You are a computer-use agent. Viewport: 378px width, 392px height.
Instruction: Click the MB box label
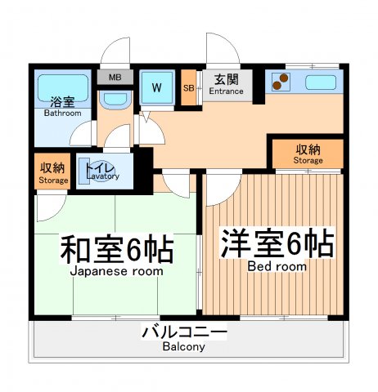[x=115, y=78]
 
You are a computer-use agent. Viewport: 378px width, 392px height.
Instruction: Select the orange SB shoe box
[x=189, y=88]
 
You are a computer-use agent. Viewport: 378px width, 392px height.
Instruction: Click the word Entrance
[x=226, y=91]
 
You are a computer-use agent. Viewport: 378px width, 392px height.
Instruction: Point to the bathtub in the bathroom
[x=62, y=86]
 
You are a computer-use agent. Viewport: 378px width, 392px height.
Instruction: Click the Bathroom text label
[x=62, y=114]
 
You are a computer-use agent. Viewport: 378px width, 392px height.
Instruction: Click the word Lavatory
[x=102, y=176]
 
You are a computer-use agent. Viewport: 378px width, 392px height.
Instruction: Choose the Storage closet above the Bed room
[x=308, y=154]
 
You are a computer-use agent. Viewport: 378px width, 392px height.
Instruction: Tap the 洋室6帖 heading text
[x=277, y=245]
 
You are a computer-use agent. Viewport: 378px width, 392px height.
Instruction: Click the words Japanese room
[x=116, y=271]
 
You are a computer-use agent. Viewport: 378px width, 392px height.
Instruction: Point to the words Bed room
[x=277, y=266]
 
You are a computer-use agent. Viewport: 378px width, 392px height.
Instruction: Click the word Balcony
[x=183, y=346]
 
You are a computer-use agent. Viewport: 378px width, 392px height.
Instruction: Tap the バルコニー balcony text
[x=183, y=332]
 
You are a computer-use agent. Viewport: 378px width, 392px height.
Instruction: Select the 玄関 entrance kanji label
[x=226, y=79]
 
